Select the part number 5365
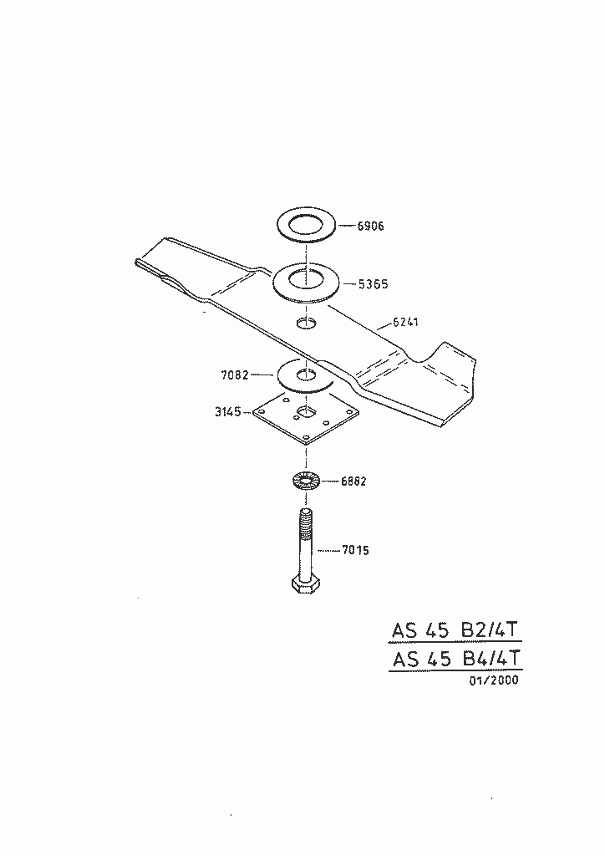point(372,284)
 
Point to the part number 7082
point(235,375)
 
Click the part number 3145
point(229,411)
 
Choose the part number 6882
point(353,481)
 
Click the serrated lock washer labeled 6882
point(306,481)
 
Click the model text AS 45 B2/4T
point(456,630)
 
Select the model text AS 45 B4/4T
point(456,658)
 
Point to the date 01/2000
point(493,680)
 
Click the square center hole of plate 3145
point(306,411)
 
